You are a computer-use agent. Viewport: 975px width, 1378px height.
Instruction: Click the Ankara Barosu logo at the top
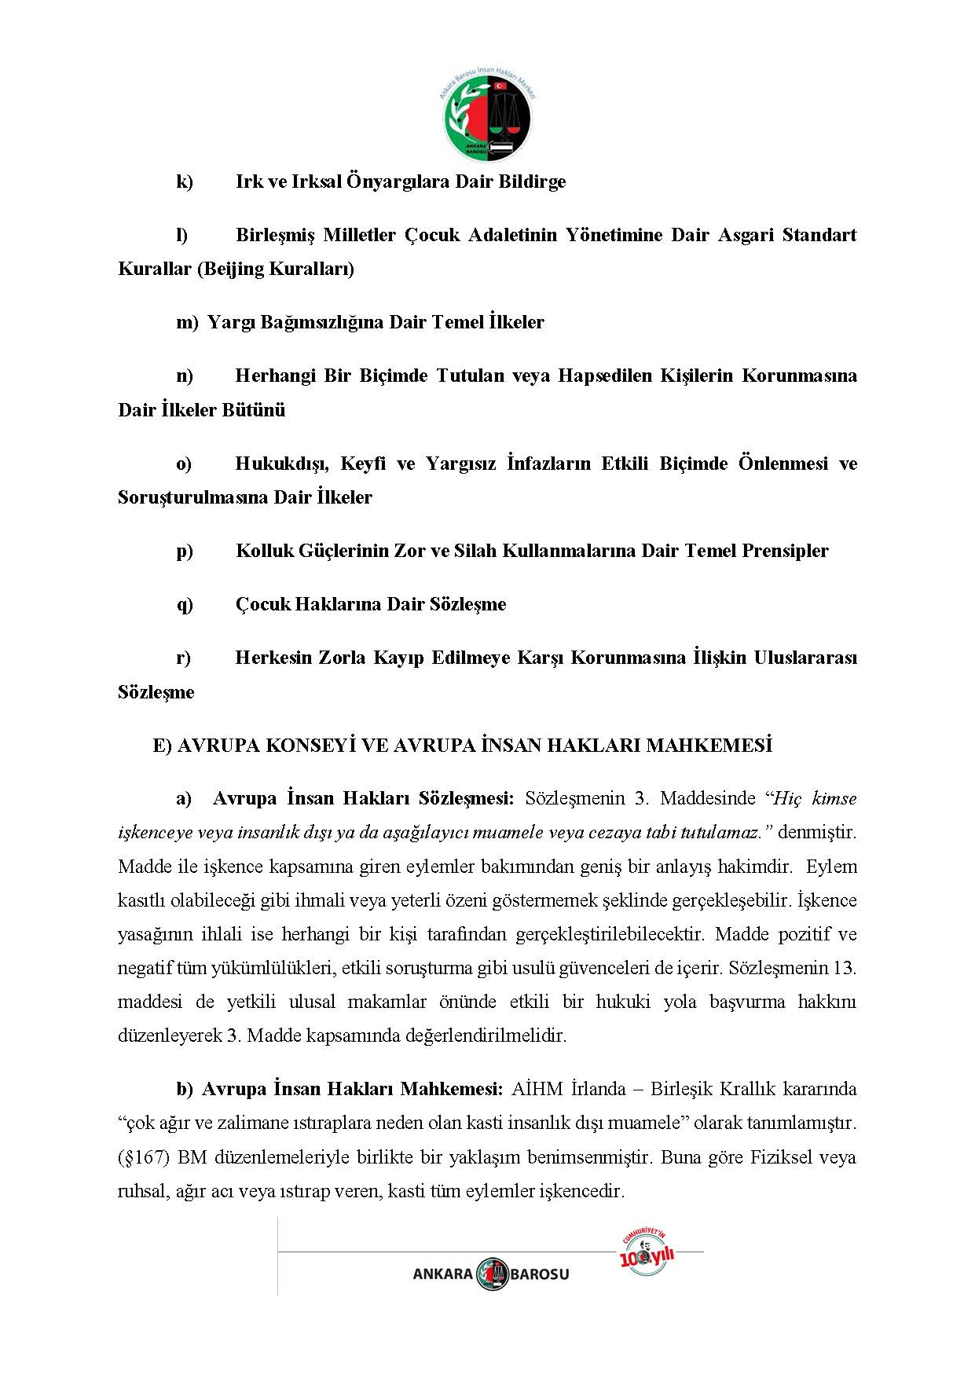487,117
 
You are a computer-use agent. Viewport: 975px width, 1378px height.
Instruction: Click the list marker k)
185,181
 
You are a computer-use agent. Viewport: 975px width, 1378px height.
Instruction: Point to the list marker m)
187,322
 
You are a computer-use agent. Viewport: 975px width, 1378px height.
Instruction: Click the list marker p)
185,551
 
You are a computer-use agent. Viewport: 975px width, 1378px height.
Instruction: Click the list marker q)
185,604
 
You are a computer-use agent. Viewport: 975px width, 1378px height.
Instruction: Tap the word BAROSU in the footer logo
539,1274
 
